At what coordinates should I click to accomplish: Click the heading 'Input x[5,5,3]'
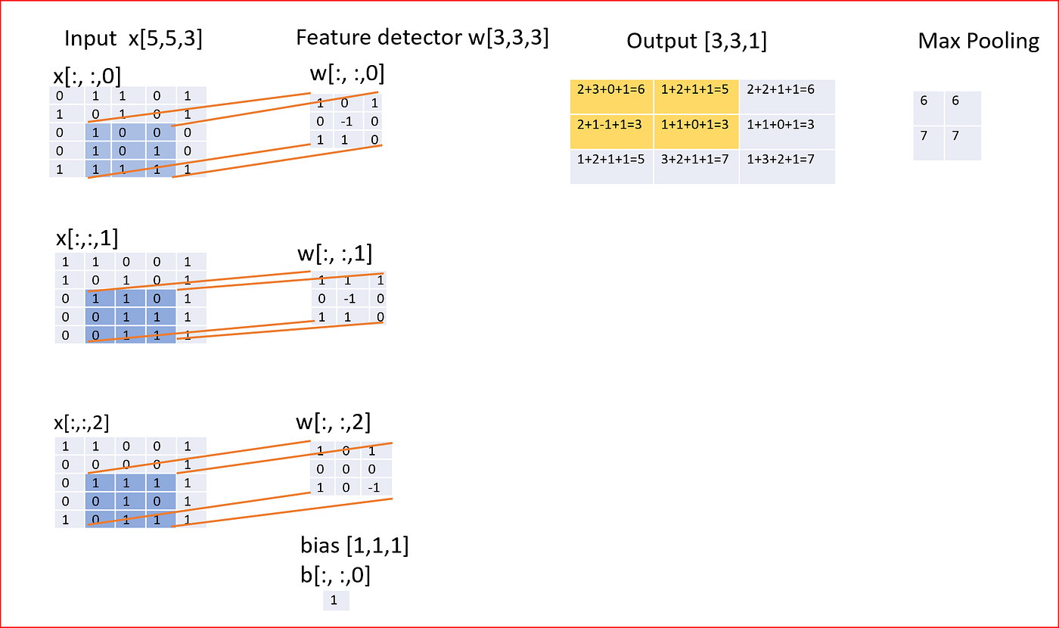click(x=133, y=39)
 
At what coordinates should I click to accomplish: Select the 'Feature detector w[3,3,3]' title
click(x=422, y=38)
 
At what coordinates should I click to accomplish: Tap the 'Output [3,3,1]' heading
click(x=696, y=41)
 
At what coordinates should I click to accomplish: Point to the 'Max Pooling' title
click(x=978, y=41)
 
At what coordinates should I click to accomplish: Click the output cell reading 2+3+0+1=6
click(x=611, y=89)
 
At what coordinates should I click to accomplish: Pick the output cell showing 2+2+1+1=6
click(x=785, y=89)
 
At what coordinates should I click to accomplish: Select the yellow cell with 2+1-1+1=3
click(x=611, y=124)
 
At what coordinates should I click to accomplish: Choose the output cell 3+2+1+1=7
click(x=696, y=160)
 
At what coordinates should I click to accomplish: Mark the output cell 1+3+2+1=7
click(x=785, y=160)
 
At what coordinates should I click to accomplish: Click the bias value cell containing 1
click(x=335, y=601)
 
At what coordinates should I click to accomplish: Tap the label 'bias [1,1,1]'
click(x=355, y=545)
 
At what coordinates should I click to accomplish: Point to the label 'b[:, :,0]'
click(x=336, y=576)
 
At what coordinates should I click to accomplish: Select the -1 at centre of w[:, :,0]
click(x=346, y=122)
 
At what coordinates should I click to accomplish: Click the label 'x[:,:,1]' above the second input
click(x=87, y=238)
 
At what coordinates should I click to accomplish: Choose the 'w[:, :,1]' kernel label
click(x=334, y=253)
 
